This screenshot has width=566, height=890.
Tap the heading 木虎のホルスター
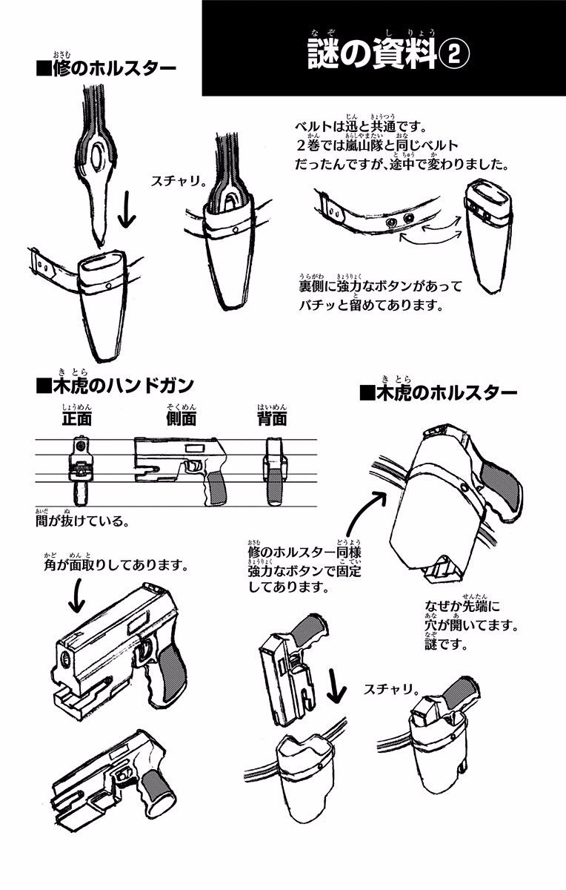442,392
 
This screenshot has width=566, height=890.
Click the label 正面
76,418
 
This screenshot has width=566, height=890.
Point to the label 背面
272,418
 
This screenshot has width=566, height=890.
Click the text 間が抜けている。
81,521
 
